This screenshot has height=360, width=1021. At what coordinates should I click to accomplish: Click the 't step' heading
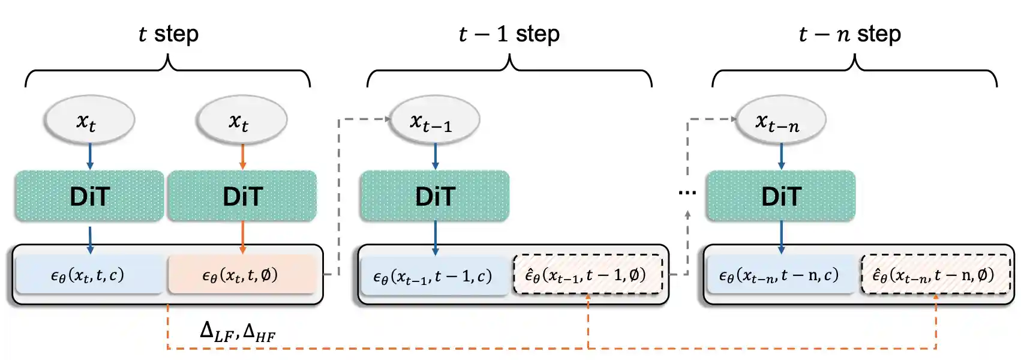[169, 34]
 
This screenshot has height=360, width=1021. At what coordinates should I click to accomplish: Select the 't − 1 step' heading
[509, 34]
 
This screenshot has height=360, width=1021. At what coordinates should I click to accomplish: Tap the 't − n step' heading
[850, 34]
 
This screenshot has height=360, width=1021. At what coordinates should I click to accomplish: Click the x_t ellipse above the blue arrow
[89, 120]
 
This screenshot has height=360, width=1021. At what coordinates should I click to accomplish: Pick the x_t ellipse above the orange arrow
[242, 120]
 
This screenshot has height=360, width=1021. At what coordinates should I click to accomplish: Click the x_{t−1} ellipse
[434, 120]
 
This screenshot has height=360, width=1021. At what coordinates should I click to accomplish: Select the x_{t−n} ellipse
[780, 120]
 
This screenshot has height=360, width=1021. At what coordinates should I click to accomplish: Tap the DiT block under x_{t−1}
[435, 196]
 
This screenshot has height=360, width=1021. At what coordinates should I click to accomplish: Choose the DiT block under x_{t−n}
[780, 196]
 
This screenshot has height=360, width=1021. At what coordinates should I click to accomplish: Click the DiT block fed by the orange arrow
[242, 196]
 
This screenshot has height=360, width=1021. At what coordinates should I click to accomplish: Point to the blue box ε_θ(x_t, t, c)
[88, 275]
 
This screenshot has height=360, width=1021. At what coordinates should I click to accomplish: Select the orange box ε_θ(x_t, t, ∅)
[241, 275]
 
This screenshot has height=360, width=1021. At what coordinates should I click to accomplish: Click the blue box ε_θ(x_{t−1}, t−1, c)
[433, 276]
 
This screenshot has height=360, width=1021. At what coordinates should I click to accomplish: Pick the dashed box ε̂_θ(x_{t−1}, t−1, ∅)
[587, 275]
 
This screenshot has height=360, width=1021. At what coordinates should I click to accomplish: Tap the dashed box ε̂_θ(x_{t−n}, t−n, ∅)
[935, 275]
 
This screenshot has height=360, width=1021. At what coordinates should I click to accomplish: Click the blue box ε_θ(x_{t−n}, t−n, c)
[779, 275]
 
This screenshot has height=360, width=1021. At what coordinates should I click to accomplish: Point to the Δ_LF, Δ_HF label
[238, 331]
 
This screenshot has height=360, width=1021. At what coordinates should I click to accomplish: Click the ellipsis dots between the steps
[687, 193]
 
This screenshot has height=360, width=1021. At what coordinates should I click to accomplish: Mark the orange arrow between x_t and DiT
[242, 157]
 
